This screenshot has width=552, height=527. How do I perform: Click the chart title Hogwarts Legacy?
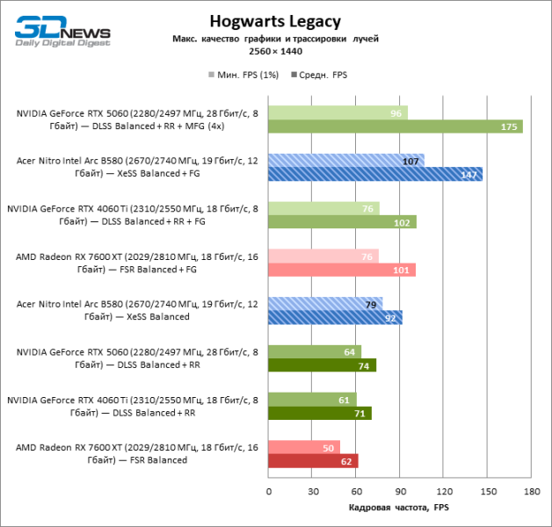275,21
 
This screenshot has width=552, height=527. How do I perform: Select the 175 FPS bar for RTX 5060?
395,126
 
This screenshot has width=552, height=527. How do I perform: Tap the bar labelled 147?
374,174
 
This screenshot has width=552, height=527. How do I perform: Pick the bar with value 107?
345,161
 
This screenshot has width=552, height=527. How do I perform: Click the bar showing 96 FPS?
338,113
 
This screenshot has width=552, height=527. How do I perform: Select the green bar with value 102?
342,221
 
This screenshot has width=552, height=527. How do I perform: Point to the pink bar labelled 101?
341,270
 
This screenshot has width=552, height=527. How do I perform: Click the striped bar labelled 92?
335,317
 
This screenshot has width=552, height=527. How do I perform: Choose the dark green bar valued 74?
322,365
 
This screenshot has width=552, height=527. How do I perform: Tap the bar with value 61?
312,400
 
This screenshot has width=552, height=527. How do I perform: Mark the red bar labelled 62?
313,460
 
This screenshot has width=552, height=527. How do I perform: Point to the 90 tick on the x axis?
400,491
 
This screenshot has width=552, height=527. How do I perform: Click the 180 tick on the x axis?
531,491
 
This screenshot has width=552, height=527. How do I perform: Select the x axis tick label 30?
312,491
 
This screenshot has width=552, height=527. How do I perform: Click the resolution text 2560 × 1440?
275,52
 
